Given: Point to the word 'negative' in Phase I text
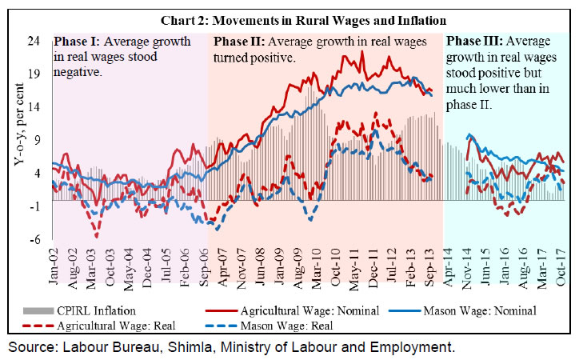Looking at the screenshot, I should [77, 70].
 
